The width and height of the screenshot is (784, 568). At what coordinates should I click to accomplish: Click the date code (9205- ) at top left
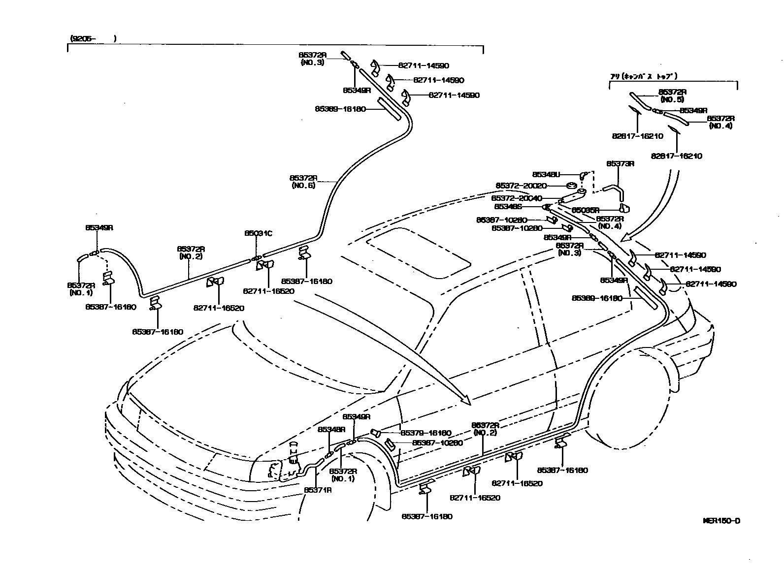pyautogui.click(x=93, y=38)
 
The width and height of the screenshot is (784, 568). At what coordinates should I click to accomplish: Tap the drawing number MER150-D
pyautogui.click(x=721, y=521)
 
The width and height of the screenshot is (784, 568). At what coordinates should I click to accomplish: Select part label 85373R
pyautogui.click(x=620, y=163)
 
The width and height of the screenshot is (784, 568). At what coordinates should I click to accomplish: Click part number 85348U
pyautogui.click(x=546, y=174)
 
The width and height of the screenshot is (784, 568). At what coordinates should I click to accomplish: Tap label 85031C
pyautogui.click(x=258, y=233)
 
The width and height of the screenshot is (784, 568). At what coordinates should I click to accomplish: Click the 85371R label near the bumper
pyautogui.click(x=318, y=490)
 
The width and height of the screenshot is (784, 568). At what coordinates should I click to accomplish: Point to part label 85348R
pyautogui.click(x=331, y=429)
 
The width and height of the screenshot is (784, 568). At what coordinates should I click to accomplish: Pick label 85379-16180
pyautogui.click(x=425, y=433)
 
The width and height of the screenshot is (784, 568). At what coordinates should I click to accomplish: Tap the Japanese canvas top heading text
pyautogui.click(x=644, y=76)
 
